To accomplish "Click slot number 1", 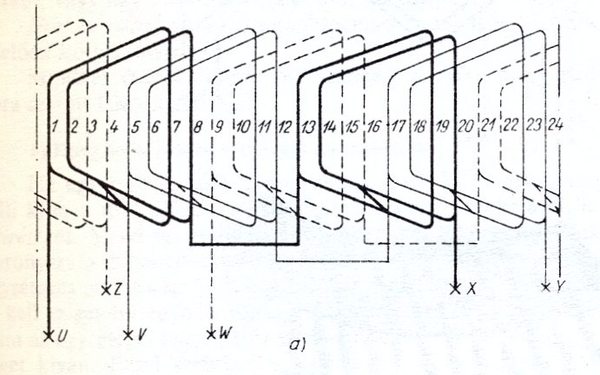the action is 55,127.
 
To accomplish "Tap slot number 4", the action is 114,127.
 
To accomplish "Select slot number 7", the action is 178,127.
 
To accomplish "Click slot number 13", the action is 307,127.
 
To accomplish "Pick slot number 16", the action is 373,127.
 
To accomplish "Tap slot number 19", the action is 442,127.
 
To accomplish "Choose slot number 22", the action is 511,127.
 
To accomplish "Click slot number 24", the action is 557,127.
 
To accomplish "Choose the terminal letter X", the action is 471,288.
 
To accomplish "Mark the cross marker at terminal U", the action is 49,333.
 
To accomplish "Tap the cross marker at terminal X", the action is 456,288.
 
